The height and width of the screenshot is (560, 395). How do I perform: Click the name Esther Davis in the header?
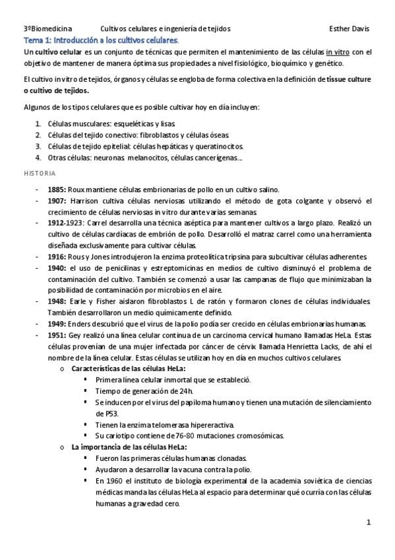click(349, 29)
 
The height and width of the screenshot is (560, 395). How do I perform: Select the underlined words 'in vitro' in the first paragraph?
click(338, 52)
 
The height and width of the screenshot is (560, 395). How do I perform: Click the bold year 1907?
click(57, 200)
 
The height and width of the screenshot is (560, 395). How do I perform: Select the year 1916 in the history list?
click(57, 256)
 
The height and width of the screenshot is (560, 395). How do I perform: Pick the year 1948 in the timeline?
click(57, 300)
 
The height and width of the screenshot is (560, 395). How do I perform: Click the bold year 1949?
click(57, 324)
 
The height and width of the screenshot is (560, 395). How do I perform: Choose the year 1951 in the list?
click(57, 335)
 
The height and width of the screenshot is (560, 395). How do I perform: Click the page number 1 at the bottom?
click(369, 522)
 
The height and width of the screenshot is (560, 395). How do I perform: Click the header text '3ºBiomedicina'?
click(47, 29)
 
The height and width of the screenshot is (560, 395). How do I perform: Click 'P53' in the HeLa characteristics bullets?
click(102, 413)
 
